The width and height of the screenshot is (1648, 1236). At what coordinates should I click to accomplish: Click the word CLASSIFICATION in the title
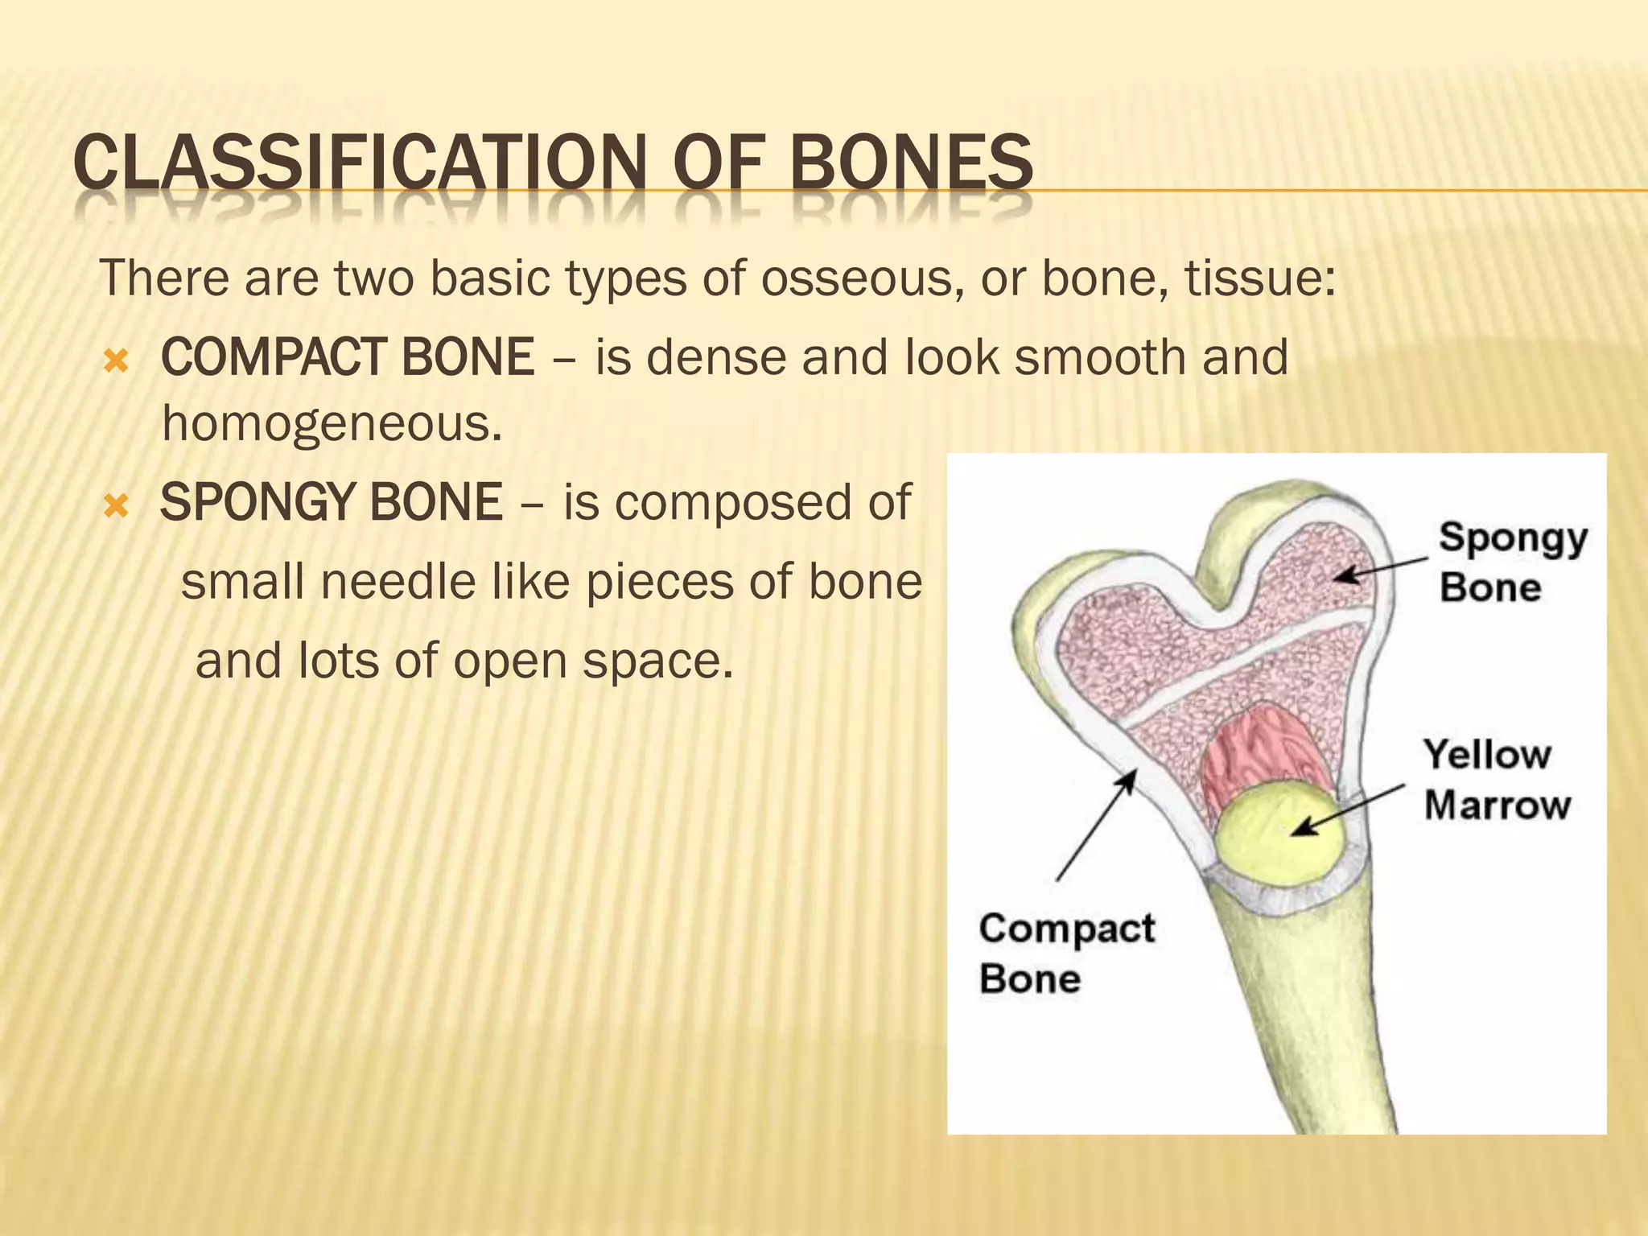[x=358, y=163]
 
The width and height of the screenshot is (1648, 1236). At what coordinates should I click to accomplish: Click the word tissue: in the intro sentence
[x=1260, y=279]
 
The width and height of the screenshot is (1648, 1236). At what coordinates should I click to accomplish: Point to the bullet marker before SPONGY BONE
[x=117, y=506]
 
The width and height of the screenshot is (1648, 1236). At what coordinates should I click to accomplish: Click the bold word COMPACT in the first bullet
[x=273, y=357]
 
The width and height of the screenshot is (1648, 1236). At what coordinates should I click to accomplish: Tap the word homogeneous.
[x=332, y=424]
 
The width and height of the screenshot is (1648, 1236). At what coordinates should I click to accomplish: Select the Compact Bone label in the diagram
[x=1065, y=954]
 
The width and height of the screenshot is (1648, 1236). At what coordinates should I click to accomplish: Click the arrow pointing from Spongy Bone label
[x=1380, y=567]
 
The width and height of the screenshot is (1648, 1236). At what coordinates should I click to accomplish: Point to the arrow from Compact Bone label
[x=1096, y=825]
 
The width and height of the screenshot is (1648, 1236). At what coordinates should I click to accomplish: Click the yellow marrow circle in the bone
[x=1279, y=837]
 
